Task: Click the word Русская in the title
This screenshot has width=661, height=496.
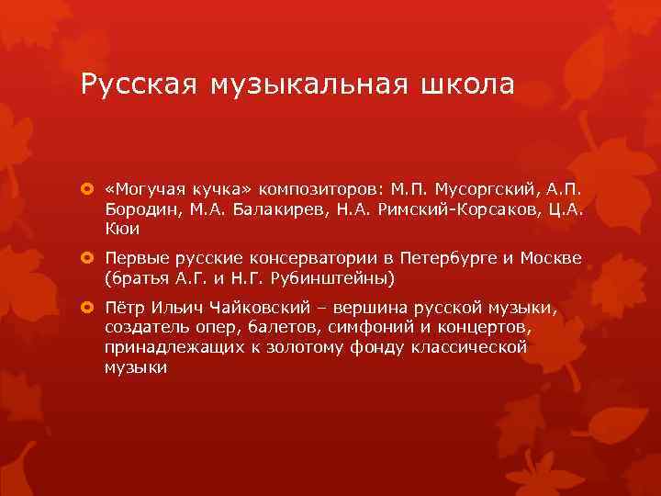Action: pyautogui.click(x=138, y=85)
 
